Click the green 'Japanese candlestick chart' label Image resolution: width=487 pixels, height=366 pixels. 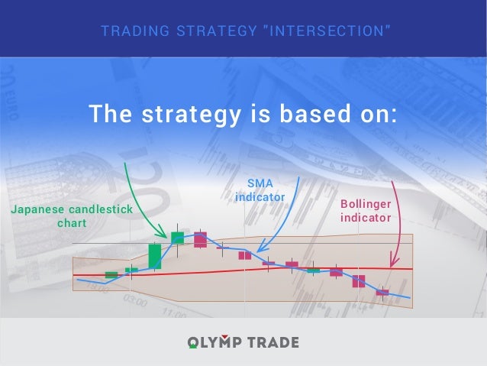point(72,216)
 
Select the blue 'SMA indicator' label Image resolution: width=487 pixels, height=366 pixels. point(260,190)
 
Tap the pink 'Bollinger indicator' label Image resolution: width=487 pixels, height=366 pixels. point(366,211)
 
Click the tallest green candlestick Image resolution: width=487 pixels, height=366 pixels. point(155,256)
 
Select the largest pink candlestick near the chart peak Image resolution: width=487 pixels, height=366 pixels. point(200,239)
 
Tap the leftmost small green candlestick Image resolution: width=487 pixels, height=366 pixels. point(111,274)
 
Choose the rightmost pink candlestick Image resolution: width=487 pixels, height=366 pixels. point(382,292)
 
